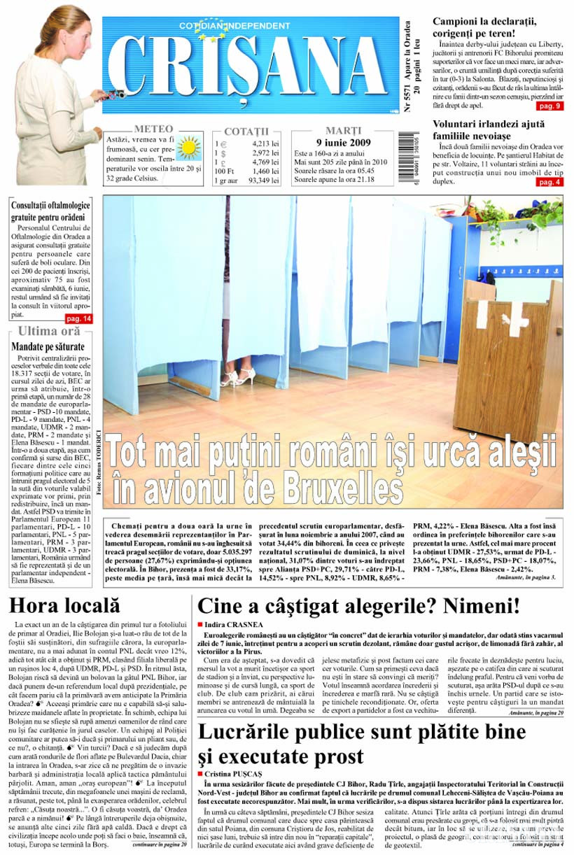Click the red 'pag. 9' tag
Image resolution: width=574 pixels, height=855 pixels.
pos(549,106)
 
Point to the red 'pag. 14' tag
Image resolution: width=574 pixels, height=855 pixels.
pos(78,319)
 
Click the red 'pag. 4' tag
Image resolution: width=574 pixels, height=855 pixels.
pos(549,182)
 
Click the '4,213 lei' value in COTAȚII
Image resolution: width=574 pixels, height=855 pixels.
pos(265,143)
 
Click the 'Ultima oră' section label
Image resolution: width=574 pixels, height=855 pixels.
pos(49,332)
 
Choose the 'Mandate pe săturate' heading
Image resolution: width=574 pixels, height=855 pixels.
pos(48,346)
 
